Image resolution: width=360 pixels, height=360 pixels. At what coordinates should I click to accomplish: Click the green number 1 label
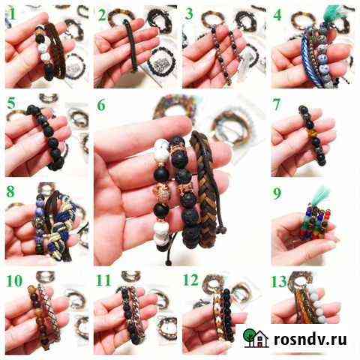click(x=12, y=14)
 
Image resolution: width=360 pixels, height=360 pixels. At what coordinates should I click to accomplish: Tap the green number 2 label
click(x=102, y=15)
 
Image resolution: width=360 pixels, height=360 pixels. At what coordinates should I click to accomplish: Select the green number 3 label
click(x=189, y=14)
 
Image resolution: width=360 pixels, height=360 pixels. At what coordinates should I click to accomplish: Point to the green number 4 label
click(x=277, y=15)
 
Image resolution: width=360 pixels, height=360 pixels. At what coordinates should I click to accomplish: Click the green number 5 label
click(x=11, y=103)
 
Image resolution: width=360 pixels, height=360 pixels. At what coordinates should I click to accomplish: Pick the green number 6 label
click(x=101, y=105)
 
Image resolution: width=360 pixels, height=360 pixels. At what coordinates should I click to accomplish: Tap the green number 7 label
click(x=277, y=104)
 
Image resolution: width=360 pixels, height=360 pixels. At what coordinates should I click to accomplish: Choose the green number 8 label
click(x=10, y=192)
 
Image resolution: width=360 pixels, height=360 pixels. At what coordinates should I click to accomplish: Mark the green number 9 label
click(x=277, y=193)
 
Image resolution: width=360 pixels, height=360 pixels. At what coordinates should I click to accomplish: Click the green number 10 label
click(x=14, y=281)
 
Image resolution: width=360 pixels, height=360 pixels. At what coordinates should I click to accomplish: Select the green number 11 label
click(x=103, y=280)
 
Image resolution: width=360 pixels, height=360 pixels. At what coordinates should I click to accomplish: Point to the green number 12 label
click(x=190, y=280)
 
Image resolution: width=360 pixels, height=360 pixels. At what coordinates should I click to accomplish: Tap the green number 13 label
click(x=279, y=282)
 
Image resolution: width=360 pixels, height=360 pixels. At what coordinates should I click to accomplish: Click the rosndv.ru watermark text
click(x=310, y=340)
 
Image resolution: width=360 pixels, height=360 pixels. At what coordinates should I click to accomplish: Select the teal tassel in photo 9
click(x=322, y=195)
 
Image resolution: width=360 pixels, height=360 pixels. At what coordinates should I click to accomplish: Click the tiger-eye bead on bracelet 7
click(x=313, y=133)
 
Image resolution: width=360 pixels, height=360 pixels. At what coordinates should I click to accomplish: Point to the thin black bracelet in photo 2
click(x=130, y=45)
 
